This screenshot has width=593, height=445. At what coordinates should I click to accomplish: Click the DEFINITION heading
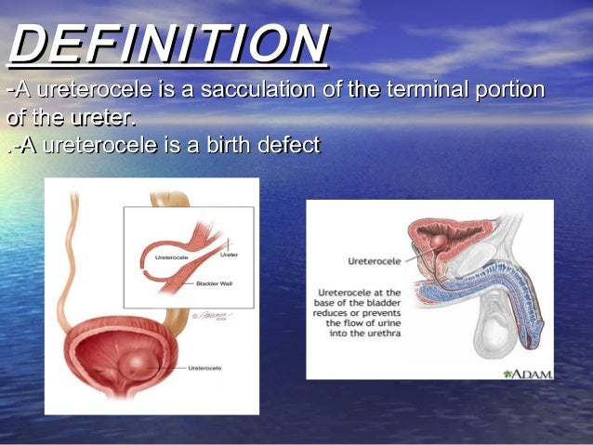[x=167, y=45]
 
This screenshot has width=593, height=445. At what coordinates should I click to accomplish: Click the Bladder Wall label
[x=214, y=281]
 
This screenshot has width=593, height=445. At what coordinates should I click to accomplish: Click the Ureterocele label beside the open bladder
[x=204, y=369]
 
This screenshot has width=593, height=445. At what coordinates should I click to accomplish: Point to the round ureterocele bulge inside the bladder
[x=140, y=362]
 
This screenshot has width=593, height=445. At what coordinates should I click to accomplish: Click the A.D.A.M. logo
[x=526, y=373]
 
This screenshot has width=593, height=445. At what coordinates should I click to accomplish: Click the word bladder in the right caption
[x=381, y=303]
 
